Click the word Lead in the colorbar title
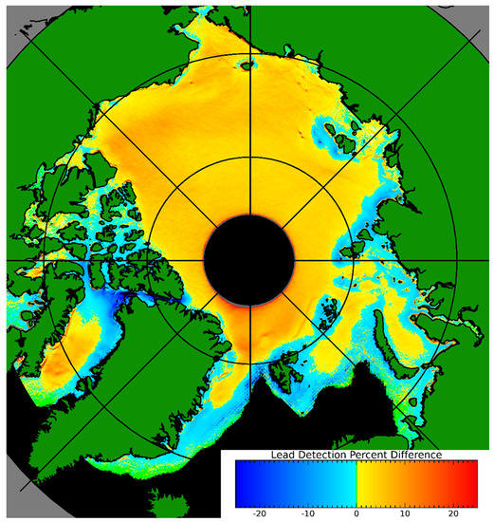pos(284,456)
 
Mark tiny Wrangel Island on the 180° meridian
pos(248,65)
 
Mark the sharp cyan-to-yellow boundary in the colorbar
pos(356,480)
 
